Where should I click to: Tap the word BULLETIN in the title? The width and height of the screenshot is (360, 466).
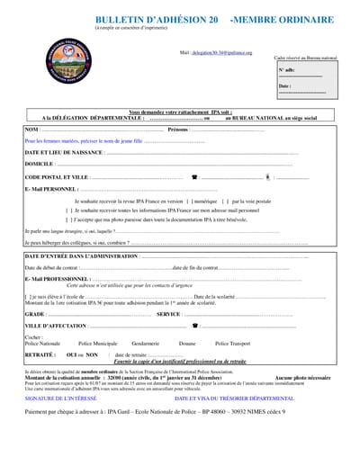point(124,19)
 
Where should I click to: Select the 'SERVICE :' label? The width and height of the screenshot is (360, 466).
point(170,314)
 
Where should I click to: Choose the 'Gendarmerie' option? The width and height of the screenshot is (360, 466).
point(145,344)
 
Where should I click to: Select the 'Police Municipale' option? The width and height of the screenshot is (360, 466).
point(98,344)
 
